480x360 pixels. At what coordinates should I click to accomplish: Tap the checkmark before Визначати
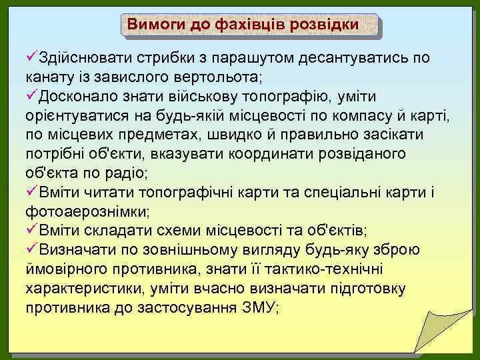coord(32,251)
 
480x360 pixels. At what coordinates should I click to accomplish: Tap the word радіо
coord(127,174)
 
